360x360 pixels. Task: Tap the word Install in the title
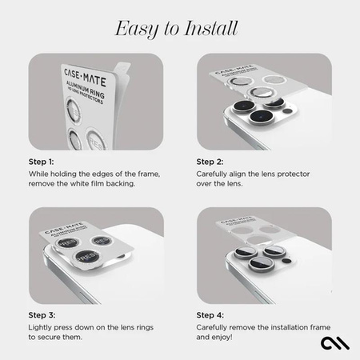coord(210,30)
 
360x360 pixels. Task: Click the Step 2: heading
coord(211,161)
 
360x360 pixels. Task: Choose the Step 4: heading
coord(212,315)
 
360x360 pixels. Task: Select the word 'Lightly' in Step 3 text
coord(41,328)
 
